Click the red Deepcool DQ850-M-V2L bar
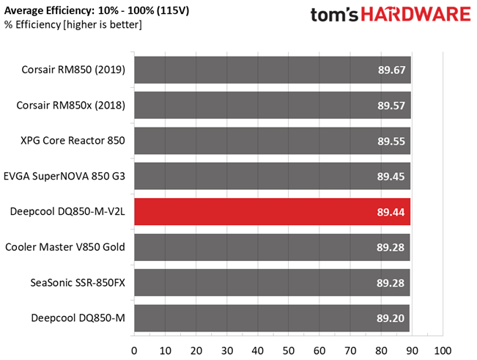[x=273, y=211]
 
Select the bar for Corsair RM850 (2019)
[x=273, y=70]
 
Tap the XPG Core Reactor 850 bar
[x=273, y=141]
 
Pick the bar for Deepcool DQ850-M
[x=272, y=318]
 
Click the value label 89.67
[x=391, y=70]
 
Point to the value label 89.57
[x=391, y=106]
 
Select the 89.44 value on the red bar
[x=391, y=212]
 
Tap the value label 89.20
[x=391, y=318]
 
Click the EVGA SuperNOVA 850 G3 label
[x=64, y=176]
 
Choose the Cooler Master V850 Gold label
[x=65, y=247]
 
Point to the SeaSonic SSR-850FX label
[x=78, y=283]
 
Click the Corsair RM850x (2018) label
[x=70, y=106]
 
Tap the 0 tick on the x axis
[x=134, y=351]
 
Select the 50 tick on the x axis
[x=289, y=351]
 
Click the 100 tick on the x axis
[x=443, y=351]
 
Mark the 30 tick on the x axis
[x=227, y=351]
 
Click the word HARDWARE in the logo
[x=416, y=14]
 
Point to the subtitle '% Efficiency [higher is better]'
[x=73, y=24]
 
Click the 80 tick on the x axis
[x=381, y=351]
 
